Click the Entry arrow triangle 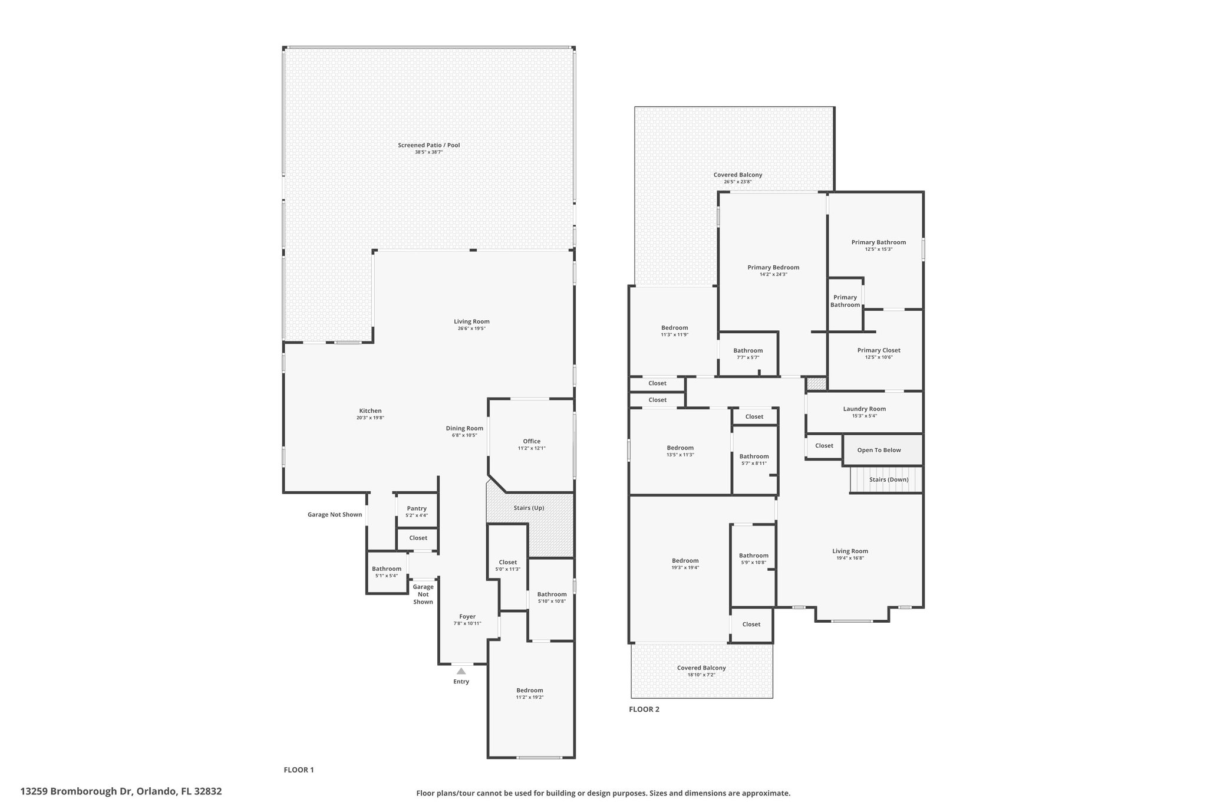[x=461, y=671]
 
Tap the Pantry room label [x=417, y=508]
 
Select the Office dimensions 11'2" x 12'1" [x=532, y=448]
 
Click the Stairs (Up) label [x=529, y=508]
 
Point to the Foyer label [x=467, y=616]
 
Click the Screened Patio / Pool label [x=428, y=145]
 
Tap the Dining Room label [x=464, y=428]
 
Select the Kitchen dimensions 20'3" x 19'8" [x=370, y=418]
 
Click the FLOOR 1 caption [x=299, y=770]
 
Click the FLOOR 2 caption [x=644, y=709]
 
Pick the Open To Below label [x=879, y=450]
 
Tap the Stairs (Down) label [x=889, y=479]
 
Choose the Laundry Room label [x=864, y=409]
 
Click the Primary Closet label [x=879, y=350]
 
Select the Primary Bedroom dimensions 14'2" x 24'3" [x=773, y=274]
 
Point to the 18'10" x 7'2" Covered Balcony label [x=701, y=668]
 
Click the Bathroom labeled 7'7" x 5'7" [x=748, y=350]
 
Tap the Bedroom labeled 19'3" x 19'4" [x=685, y=560]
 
